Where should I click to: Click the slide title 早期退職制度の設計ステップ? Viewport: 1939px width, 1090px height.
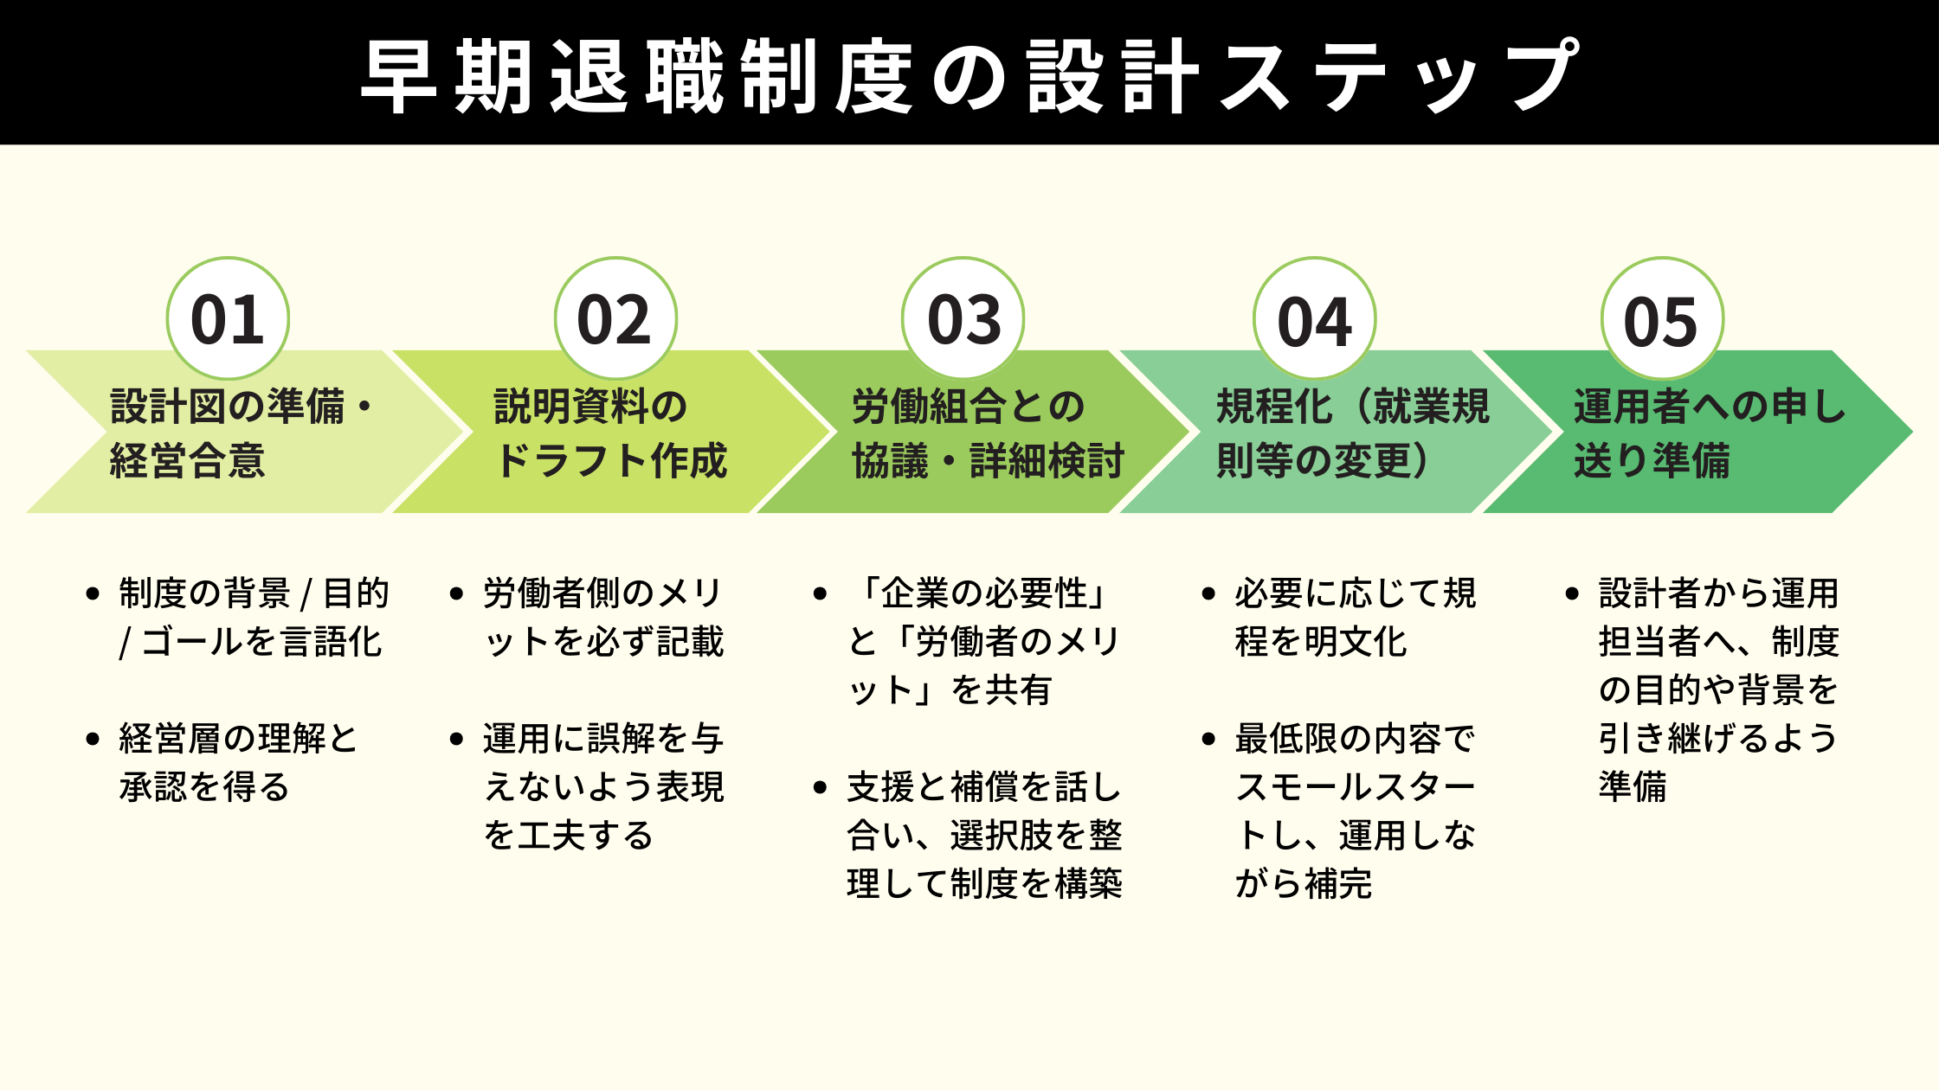click(x=969, y=76)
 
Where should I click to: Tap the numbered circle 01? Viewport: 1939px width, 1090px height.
click(x=228, y=318)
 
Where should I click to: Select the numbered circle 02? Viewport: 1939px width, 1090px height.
click(x=615, y=318)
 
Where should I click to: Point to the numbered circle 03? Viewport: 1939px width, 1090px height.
click(x=963, y=318)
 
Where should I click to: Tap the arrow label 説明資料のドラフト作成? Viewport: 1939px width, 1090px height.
click(x=609, y=433)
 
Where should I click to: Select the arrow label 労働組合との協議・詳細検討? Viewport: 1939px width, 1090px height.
click(x=987, y=433)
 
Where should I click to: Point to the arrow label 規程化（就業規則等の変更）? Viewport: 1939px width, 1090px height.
click(x=1352, y=433)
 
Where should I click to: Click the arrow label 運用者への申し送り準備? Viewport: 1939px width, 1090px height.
click(x=1709, y=433)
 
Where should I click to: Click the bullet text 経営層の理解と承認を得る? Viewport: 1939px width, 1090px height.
click(x=238, y=763)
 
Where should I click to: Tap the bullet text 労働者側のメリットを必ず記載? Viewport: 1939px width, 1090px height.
click(x=603, y=618)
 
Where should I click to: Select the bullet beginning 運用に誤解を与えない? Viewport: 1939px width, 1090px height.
click(x=603, y=787)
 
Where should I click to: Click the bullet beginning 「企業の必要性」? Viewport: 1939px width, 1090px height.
click(x=984, y=642)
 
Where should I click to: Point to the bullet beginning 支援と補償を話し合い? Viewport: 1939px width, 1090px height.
click(x=984, y=836)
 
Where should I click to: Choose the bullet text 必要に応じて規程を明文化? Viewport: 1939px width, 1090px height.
click(x=1355, y=618)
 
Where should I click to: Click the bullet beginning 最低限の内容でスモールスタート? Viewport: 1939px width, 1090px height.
click(x=1355, y=811)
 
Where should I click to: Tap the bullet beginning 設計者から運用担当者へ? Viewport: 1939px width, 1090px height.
click(x=1718, y=690)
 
